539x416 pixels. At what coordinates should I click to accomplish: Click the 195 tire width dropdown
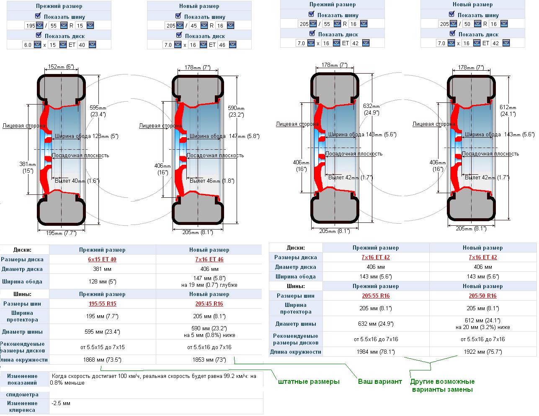pos(34,25)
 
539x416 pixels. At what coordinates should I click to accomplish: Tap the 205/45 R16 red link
pos(209,304)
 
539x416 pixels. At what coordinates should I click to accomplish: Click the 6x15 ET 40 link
pos(102,259)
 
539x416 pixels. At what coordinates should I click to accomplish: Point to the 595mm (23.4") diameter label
pos(98,111)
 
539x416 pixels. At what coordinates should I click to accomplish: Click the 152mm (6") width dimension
pos(61,66)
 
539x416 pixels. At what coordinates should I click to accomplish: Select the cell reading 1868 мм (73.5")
pos(102,360)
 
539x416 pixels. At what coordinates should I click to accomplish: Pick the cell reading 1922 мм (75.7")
pos(483,352)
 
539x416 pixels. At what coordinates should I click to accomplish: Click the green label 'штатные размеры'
pos(309,382)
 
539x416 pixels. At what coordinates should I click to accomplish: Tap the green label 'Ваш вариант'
pos(380,381)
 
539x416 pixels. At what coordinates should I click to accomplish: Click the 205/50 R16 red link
pos(482,296)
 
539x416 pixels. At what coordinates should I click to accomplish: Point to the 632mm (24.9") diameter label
pos(371,109)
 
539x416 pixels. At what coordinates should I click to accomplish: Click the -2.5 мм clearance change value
pos(61,403)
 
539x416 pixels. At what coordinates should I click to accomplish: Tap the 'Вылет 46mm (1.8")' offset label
pos(212,181)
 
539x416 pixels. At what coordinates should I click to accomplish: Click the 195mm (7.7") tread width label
pos(61,233)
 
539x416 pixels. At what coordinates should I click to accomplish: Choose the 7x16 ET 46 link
pos(209,259)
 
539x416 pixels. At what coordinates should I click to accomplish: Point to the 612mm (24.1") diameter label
pos(508,110)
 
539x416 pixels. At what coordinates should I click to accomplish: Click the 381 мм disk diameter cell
pos(102,269)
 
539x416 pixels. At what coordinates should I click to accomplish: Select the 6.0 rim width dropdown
pos(32,45)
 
